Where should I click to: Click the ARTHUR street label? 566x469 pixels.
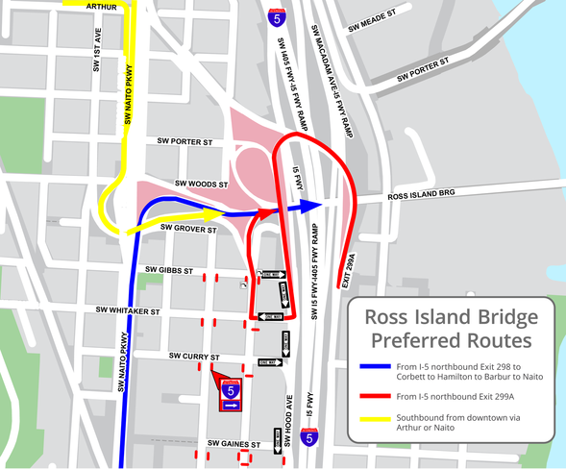pos(101,6)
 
